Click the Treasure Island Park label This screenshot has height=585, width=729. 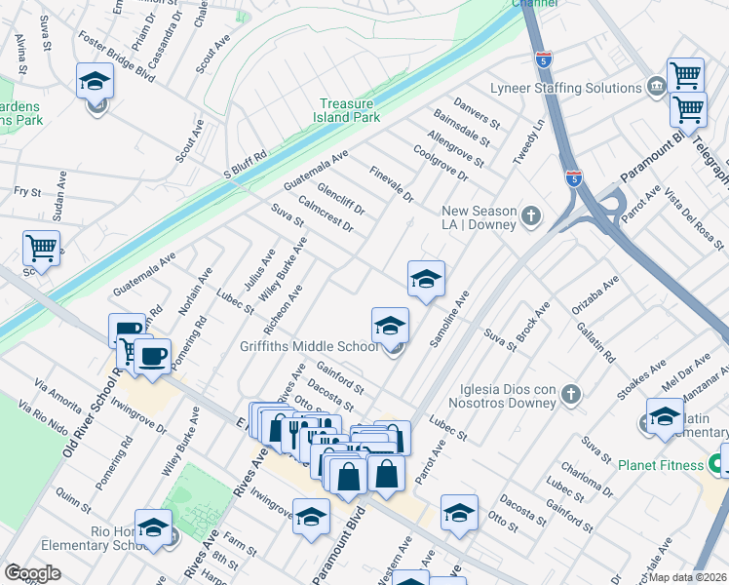pyautogui.click(x=351, y=110)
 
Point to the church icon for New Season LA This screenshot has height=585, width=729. pyautogui.click(x=530, y=215)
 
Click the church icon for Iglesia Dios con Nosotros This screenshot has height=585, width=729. pyautogui.click(x=571, y=394)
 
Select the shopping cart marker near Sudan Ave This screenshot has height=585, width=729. pyautogui.click(x=41, y=249)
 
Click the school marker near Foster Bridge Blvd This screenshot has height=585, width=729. pyautogui.click(x=96, y=81)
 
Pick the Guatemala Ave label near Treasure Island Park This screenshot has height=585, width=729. pyautogui.click(x=315, y=171)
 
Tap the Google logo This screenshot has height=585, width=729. pyautogui.click(x=32, y=573)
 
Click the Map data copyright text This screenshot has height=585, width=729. pyautogui.click(x=689, y=576)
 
